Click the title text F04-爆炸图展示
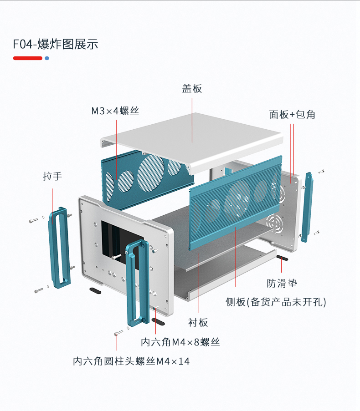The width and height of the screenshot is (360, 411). click(55, 44)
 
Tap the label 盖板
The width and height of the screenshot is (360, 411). click(192, 88)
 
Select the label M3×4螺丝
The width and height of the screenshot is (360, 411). click(115, 111)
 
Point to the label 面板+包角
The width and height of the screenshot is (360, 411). click(292, 114)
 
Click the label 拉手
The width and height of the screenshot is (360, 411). click(52, 176)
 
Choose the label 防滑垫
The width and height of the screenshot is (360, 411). click(282, 283)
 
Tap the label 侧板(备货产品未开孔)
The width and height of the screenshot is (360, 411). click(276, 302)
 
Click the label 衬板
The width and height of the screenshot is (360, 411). click(198, 322)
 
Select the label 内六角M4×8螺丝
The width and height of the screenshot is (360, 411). click(180, 342)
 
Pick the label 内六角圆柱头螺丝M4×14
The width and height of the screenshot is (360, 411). click(131, 361)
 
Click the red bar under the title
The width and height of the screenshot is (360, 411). click(27, 58)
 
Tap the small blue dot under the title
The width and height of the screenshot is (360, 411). click(46, 58)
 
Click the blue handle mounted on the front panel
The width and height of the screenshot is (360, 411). click(137, 282)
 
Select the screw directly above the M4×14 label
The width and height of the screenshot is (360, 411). click(118, 334)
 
